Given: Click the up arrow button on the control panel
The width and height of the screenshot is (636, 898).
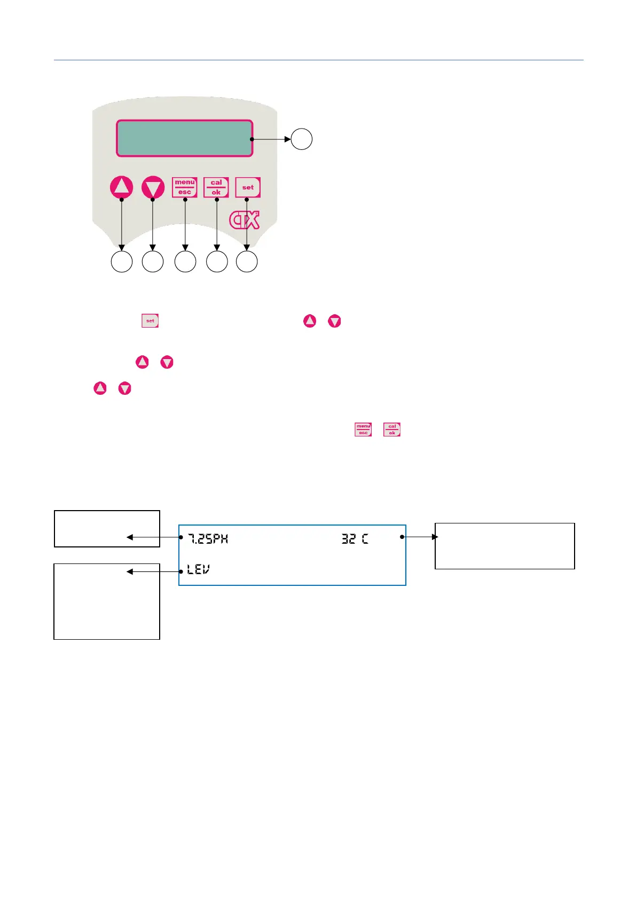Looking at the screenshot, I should [122, 187].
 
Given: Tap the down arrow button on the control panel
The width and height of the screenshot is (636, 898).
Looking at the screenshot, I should [153, 188].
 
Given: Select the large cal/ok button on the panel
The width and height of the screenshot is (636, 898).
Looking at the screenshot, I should [216, 187].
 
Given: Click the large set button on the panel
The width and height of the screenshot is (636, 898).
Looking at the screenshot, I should [248, 187].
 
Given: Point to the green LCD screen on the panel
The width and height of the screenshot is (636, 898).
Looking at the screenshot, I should [184, 138].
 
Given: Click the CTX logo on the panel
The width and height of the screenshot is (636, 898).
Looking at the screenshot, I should [245, 220].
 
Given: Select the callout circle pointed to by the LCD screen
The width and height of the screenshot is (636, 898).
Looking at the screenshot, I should [302, 139].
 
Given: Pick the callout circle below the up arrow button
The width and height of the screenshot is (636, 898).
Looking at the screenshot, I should [122, 262].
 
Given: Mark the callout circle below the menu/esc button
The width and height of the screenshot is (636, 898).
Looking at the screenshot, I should [185, 262].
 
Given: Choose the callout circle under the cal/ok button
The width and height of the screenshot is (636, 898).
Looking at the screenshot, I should [217, 262].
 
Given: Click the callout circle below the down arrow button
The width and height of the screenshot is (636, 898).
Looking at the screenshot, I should [153, 262].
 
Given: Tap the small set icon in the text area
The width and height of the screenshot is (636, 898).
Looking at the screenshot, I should [150, 321].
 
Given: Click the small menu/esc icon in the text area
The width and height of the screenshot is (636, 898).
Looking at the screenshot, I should [363, 430].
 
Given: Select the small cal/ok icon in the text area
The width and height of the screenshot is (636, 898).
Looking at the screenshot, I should [392, 430].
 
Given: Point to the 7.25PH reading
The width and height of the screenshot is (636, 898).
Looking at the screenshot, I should [208, 539].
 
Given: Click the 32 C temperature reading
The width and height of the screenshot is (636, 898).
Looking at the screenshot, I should [355, 539].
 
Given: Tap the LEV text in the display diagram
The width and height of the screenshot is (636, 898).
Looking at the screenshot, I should [198, 570].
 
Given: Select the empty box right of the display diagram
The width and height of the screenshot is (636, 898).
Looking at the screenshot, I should [505, 546].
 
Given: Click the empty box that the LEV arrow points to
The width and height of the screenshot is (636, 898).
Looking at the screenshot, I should [107, 601].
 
